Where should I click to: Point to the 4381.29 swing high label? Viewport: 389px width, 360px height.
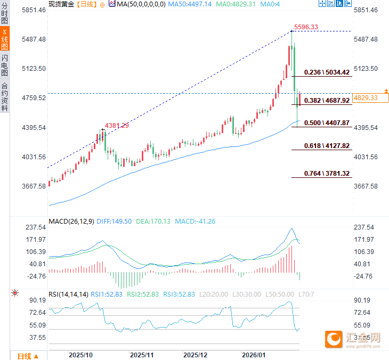117,126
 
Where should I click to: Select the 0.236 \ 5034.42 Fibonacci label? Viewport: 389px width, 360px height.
327,72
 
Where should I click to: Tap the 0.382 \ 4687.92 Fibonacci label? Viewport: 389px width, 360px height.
327,100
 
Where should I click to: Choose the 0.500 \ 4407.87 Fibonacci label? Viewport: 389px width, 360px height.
327,122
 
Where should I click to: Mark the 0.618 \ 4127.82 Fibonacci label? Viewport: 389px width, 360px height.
327,145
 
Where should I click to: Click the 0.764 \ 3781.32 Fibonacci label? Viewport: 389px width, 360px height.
327,174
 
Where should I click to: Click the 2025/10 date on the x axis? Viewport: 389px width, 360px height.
82,354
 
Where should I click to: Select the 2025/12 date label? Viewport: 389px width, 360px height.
196,354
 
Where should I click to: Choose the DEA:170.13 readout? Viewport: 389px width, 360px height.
153,221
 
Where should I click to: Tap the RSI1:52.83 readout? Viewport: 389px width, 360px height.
107,293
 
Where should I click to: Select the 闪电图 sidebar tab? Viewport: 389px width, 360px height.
5,66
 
